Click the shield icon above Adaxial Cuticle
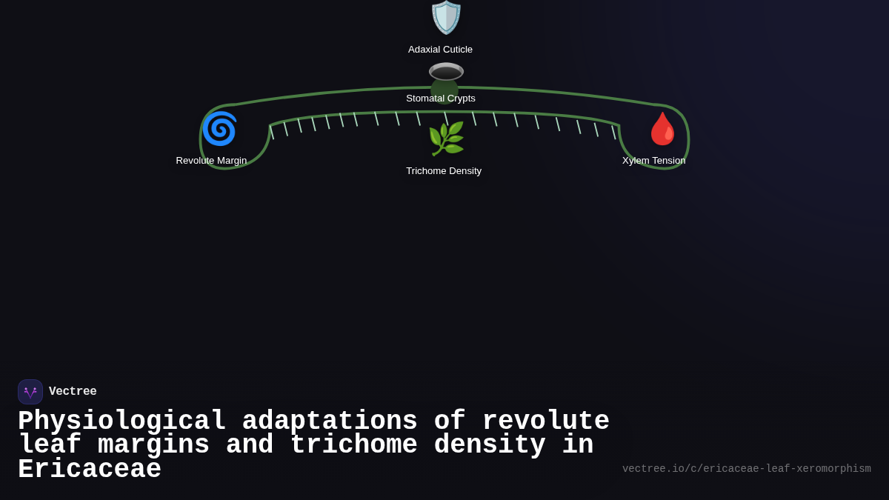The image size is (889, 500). (x=446, y=17)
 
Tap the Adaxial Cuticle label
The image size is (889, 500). (x=440, y=50)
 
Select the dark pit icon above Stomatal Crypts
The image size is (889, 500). (x=446, y=72)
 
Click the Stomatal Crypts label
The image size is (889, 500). (x=441, y=99)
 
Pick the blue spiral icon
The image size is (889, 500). (x=219, y=129)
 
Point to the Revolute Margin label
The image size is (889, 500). (x=211, y=161)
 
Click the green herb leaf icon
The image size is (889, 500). (x=446, y=139)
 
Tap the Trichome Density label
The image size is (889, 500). (x=444, y=171)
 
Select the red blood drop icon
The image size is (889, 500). (x=662, y=129)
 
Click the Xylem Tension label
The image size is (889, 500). (x=653, y=161)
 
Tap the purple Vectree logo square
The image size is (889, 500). (x=30, y=392)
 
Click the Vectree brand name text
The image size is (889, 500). (x=73, y=392)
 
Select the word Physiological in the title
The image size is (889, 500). (x=121, y=421)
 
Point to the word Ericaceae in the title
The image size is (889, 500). (x=89, y=470)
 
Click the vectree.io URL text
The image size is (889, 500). (x=746, y=469)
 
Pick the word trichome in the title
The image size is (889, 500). (x=353, y=445)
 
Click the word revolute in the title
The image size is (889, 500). (x=545, y=421)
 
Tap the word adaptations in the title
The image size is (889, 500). (x=330, y=421)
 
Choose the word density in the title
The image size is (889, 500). (x=490, y=445)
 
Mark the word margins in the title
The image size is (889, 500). (x=153, y=445)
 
